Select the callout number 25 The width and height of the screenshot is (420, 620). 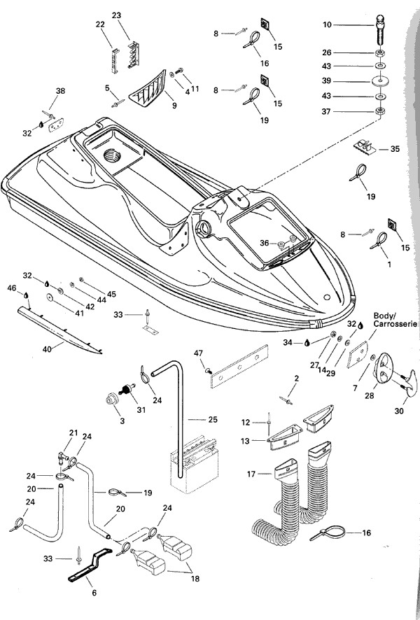click(x=213, y=419)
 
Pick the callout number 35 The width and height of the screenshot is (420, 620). click(x=395, y=149)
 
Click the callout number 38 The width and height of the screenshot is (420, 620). click(x=60, y=91)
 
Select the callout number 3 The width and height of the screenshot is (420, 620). click(x=104, y=423)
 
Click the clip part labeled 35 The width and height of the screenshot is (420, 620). click(x=368, y=149)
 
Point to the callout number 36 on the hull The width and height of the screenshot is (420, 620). click(x=263, y=243)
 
